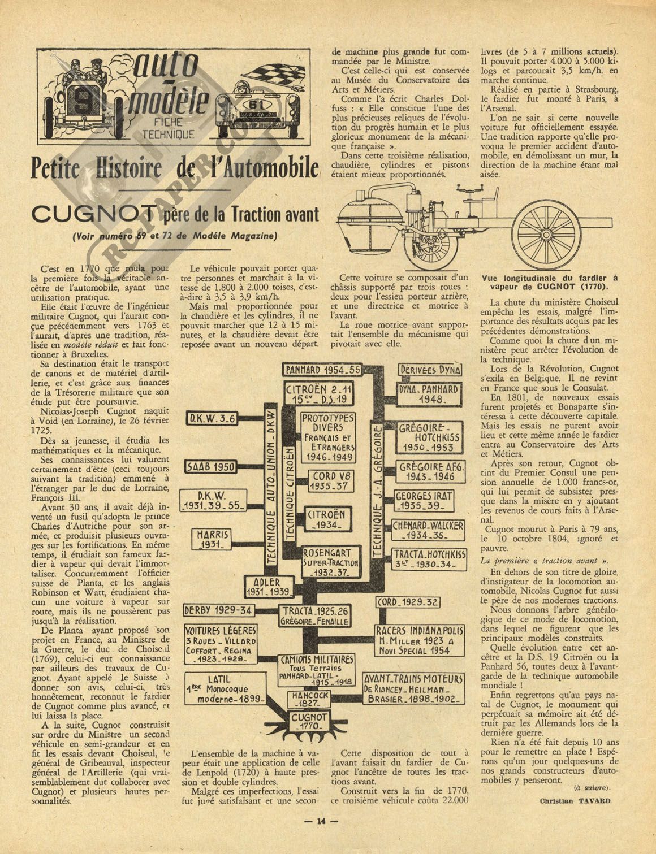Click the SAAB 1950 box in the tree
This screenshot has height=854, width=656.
211,467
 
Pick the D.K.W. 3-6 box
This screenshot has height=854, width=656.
212,419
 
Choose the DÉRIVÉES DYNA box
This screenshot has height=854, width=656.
430,370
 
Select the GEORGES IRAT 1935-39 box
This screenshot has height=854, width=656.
424,500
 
